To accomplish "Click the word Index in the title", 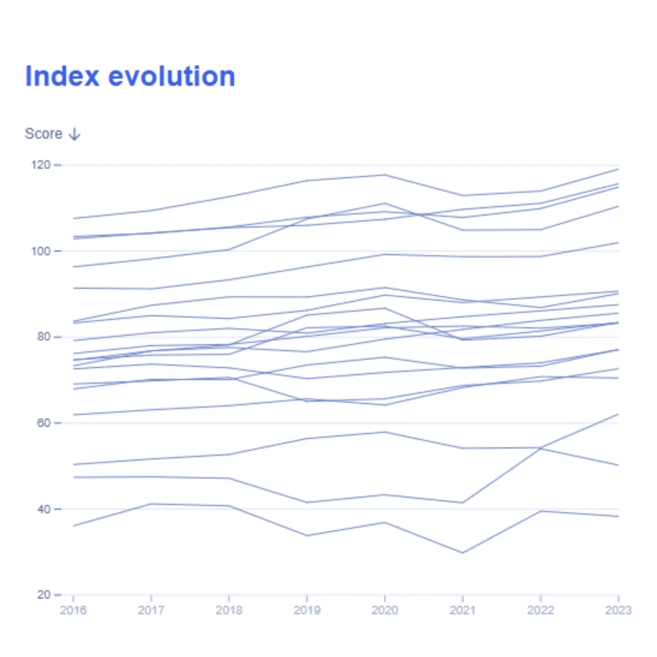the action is pyautogui.click(x=62, y=76).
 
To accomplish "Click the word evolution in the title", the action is pyautogui.click(x=172, y=76).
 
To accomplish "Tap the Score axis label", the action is pyautogui.click(x=44, y=134).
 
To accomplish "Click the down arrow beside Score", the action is pyautogui.click(x=75, y=134).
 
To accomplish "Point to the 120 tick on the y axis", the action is pyautogui.click(x=41, y=165).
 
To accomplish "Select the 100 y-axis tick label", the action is pyautogui.click(x=41, y=251).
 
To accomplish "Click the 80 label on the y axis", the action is pyautogui.click(x=44, y=337).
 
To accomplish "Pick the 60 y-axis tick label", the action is pyautogui.click(x=44, y=423).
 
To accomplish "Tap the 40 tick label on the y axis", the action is pyautogui.click(x=44, y=509).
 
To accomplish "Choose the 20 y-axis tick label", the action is pyautogui.click(x=44, y=595).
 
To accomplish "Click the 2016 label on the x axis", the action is pyautogui.click(x=73, y=610).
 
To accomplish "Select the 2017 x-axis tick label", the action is pyautogui.click(x=151, y=610).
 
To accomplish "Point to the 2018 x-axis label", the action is pyautogui.click(x=229, y=610).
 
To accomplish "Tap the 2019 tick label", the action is pyautogui.click(x=307, y=610).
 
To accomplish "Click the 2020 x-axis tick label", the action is pyautogui.click(x=385, y=610).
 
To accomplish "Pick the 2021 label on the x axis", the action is pyautogui.click(x=463, y=610).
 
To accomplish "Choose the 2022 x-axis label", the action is pyautogui.click(x=540, y=610).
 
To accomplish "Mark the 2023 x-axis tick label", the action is pyautogui.click(x=618, y=610).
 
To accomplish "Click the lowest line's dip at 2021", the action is pyautogui.click(x=463, y=553).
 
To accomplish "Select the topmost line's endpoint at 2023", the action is pyautogui.click(x=618, y=169).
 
